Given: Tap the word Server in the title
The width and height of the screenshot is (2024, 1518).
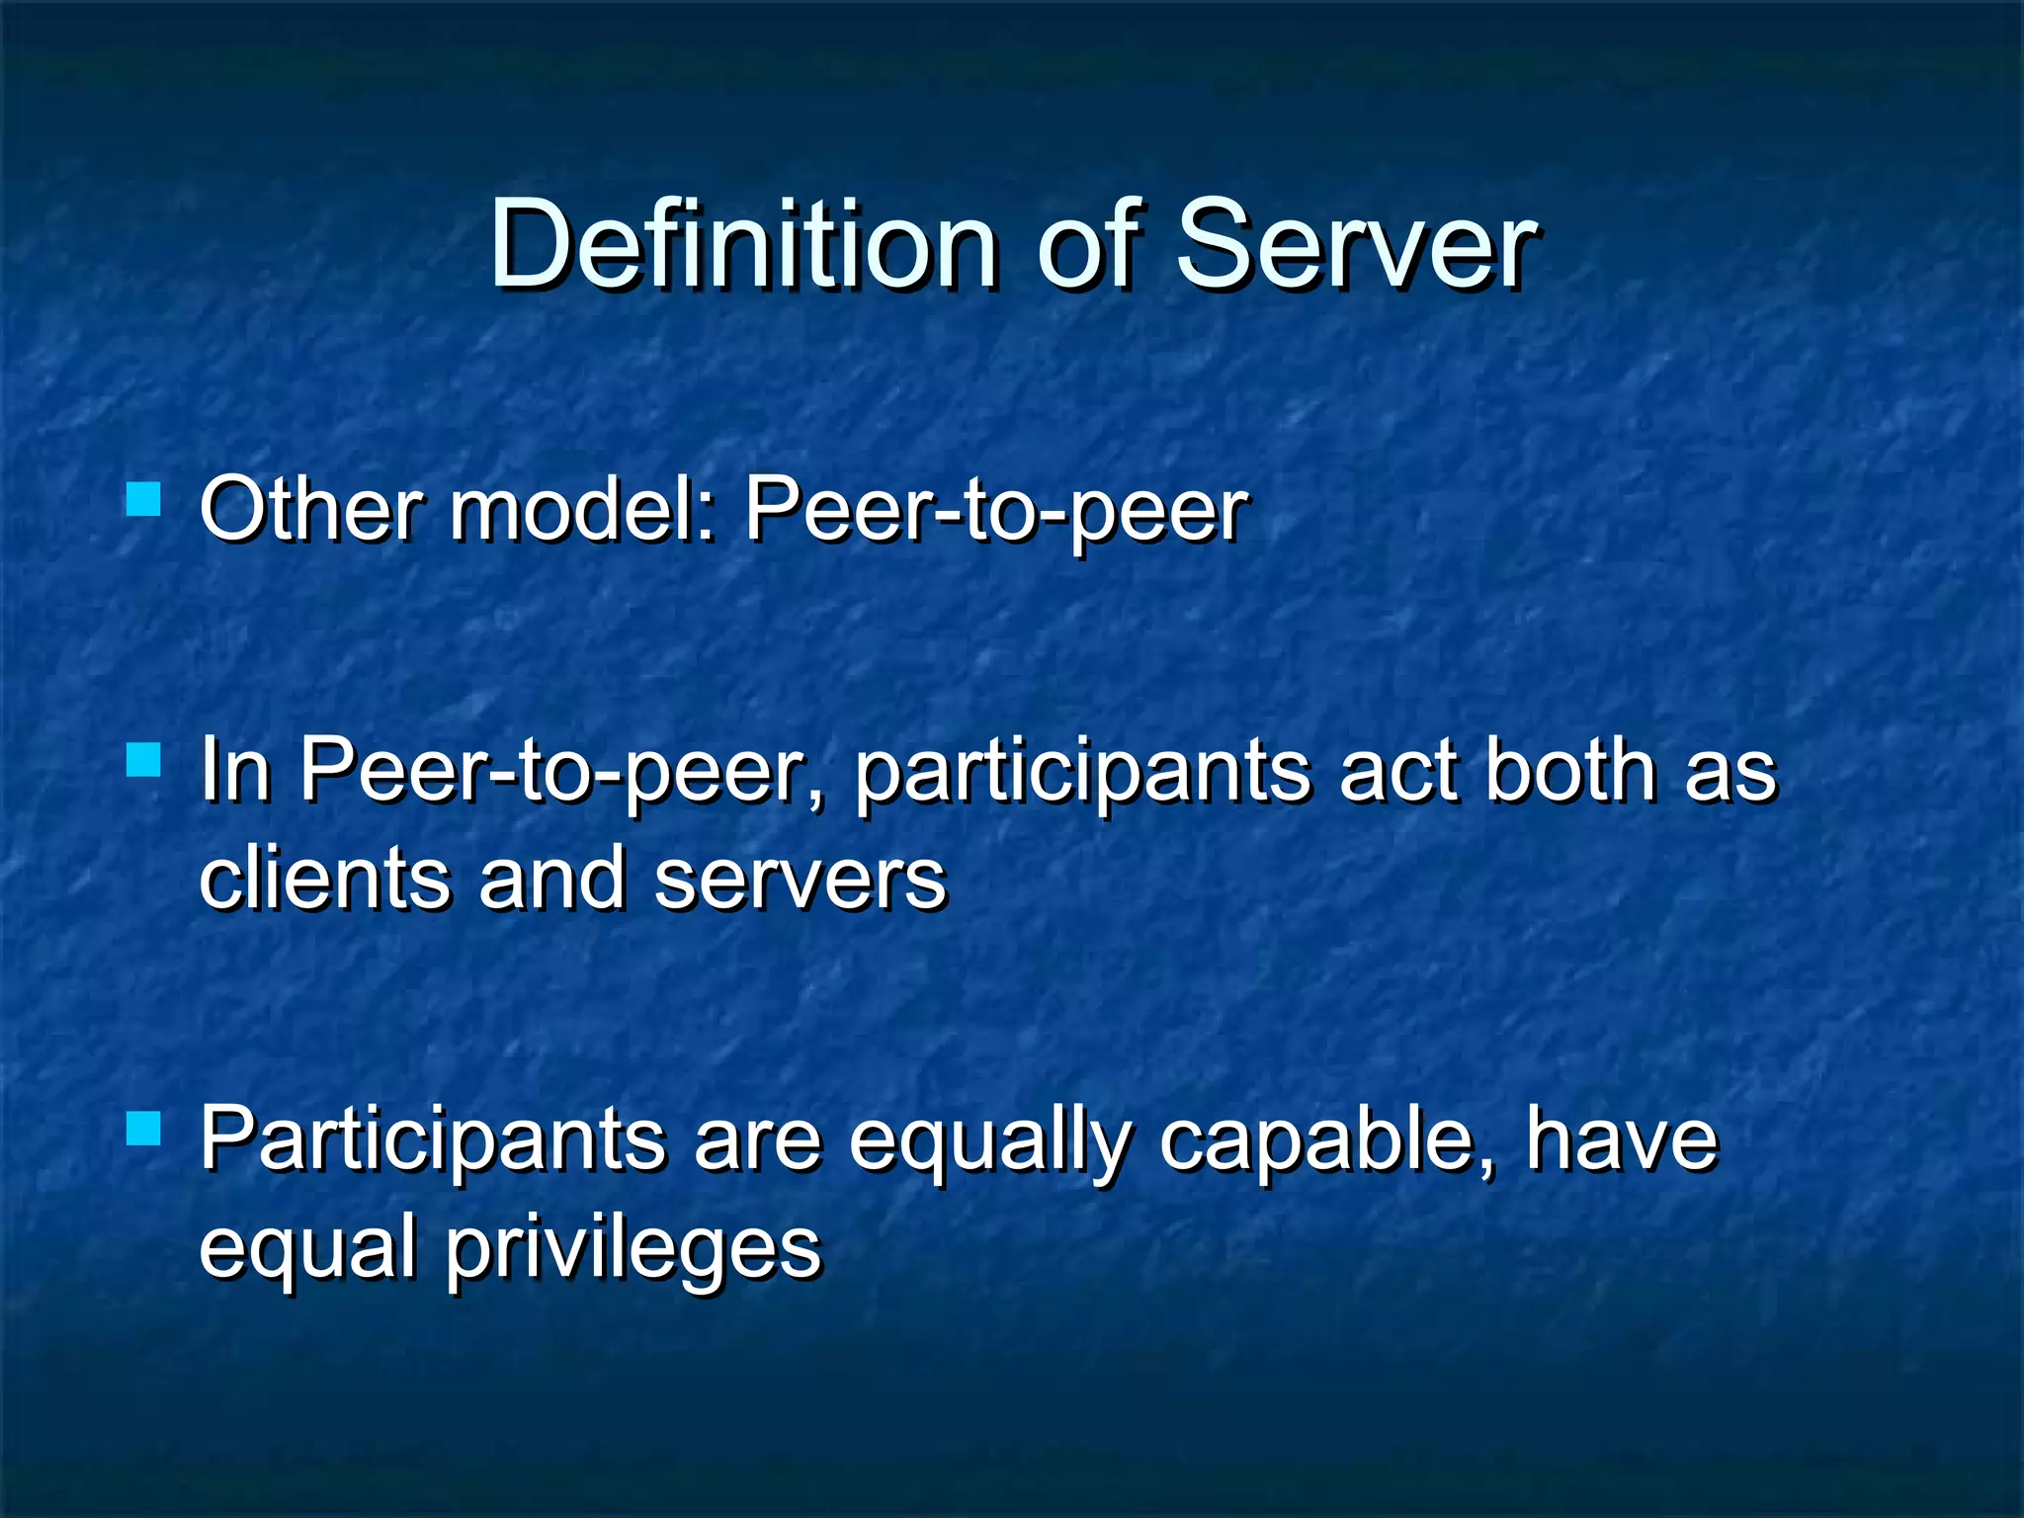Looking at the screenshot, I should (1356, 244).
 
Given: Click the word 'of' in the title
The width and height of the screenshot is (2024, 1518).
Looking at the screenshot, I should (1095, 244).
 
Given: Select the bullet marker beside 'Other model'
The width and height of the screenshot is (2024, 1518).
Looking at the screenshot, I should (144, 499).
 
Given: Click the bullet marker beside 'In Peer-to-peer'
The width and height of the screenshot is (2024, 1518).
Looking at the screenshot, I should (144, 760).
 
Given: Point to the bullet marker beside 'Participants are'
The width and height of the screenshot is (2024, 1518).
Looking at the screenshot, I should (144, 1128).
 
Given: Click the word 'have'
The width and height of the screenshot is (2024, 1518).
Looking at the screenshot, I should (1622, 1139).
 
